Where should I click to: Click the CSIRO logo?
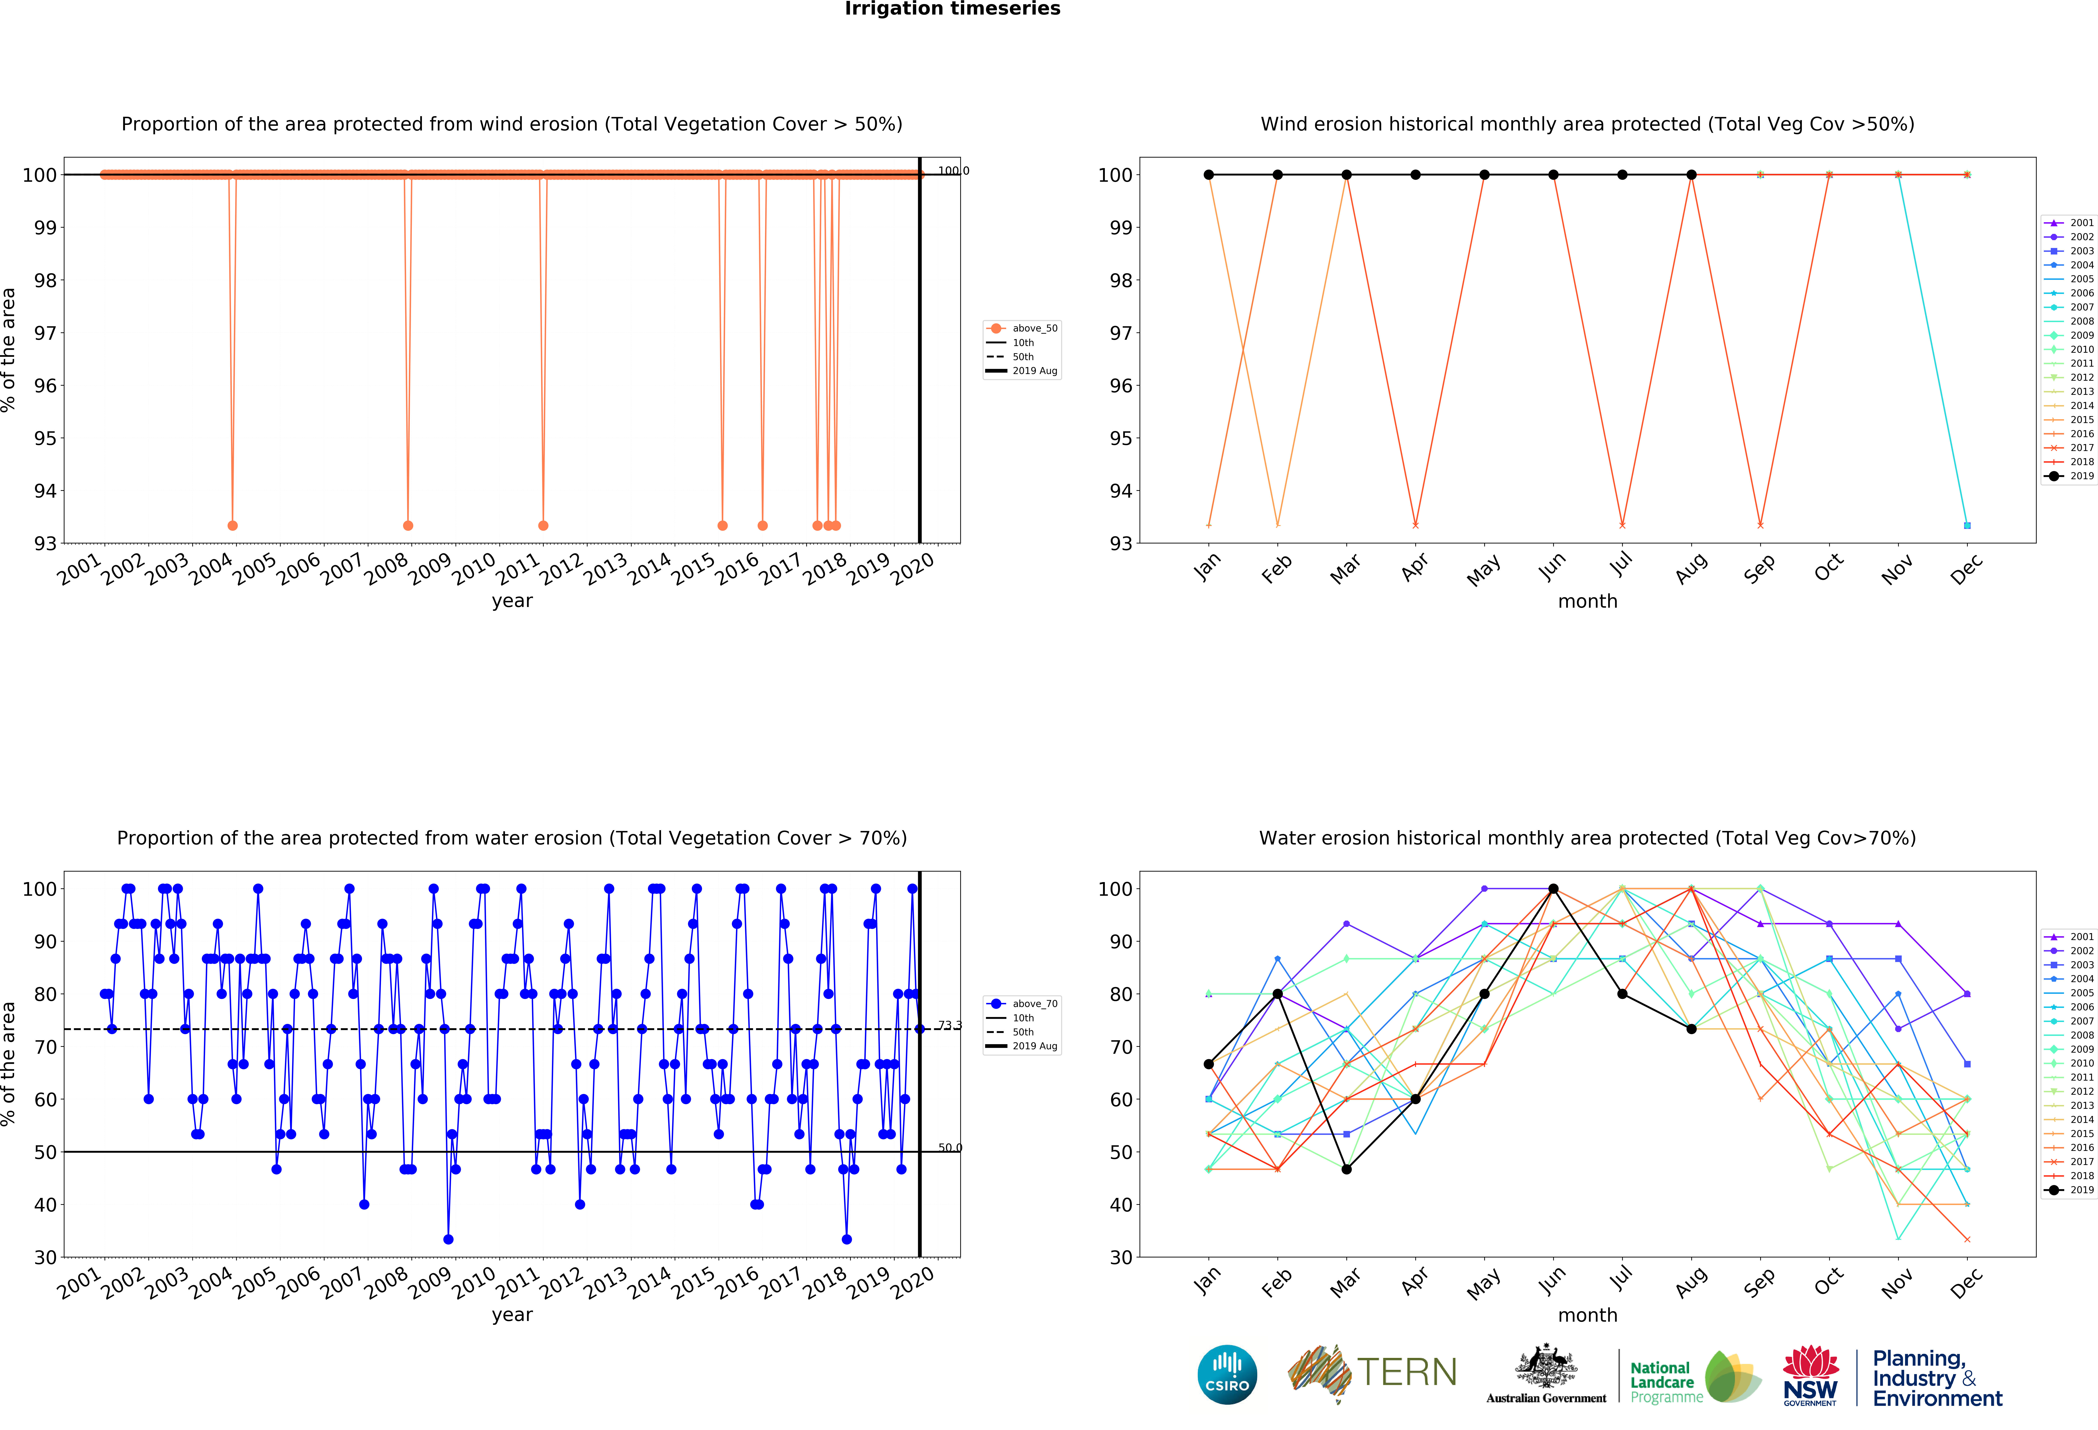click(1227, 1375)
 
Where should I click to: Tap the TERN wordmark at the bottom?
click(1407, 1372)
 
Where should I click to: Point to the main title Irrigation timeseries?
click(952, 9)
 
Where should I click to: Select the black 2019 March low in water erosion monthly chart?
click(1346, 1169)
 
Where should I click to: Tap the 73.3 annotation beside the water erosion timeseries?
click(950, 1026)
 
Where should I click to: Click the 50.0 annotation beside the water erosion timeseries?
click(950, 1148)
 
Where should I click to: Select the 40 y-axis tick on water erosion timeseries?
click(45, 1204)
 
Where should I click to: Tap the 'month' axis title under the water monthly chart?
click(1587, 1315)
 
